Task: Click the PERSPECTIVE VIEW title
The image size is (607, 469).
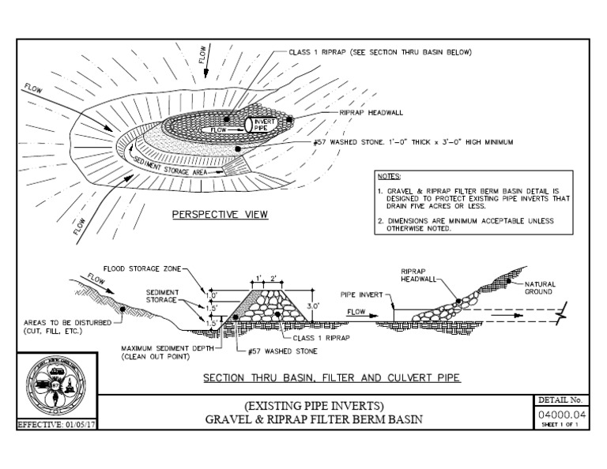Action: click(x=221, y=214)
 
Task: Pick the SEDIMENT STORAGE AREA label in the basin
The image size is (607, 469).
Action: click(x=172, y=165)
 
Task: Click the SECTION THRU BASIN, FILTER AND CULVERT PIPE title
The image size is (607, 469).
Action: click(x=331, y=378)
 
